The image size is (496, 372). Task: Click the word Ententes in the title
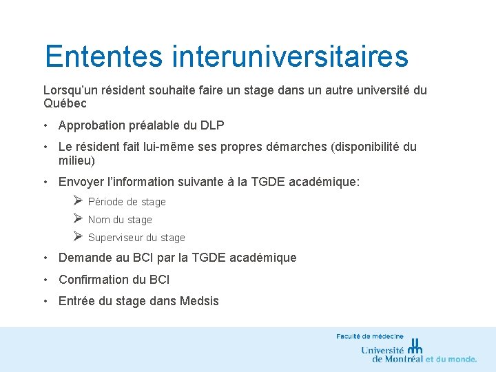tap(103, 56)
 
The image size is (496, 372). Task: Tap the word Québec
tap(65, 104)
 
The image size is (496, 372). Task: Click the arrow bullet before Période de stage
tap(78, 201)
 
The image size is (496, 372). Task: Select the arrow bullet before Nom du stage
tap(78, 219)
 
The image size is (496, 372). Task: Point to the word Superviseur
tap(116, 238)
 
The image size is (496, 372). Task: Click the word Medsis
tap(199, 301)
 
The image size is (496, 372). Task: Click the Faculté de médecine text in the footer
tap(370, 336)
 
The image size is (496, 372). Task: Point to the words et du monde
tap(451, 359)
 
